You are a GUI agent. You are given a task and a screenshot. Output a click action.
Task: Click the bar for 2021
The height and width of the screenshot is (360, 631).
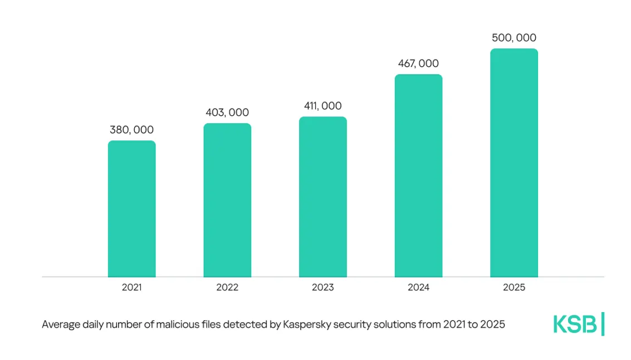tap(131, 208)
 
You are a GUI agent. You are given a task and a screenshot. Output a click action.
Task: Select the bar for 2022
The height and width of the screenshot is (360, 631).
tap(227, 200)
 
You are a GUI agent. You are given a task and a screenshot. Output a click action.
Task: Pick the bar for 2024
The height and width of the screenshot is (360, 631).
tap(418, 176)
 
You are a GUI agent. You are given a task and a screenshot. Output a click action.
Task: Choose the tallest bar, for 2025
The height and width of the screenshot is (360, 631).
tap(514, 163)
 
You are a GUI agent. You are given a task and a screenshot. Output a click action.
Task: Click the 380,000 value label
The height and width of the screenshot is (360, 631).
tap(131, 130)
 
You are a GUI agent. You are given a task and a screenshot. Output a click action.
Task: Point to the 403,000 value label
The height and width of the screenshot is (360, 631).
tap(227, 113)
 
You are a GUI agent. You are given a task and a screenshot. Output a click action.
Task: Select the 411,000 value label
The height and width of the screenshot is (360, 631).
tap(323, 106)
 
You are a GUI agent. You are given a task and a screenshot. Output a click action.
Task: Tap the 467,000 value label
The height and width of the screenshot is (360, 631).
tap(418, 64)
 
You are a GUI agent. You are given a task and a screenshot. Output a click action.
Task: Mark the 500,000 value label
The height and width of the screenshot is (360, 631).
tap(514, 38)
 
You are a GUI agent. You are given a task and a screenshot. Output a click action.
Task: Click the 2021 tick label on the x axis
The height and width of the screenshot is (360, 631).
tap(131, 288)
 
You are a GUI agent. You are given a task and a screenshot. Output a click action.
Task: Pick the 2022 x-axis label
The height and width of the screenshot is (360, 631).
tap(227, 288)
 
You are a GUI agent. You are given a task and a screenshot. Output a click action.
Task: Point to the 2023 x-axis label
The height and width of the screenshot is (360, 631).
tap(323, 288)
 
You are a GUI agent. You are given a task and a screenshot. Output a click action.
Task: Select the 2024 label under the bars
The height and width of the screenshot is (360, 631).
tap(418, 288)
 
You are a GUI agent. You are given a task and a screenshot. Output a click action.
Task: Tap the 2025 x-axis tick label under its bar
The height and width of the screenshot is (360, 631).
tap(514, 288)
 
